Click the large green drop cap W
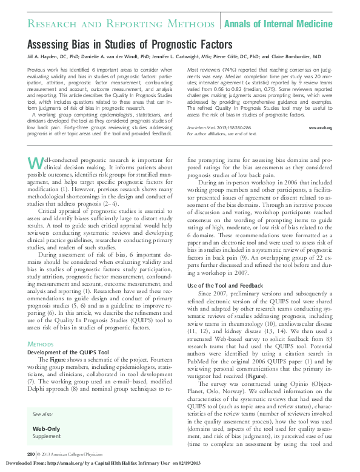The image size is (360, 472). coord(36,164)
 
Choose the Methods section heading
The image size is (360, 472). coord(41,344)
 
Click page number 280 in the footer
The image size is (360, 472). coord(31,454)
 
